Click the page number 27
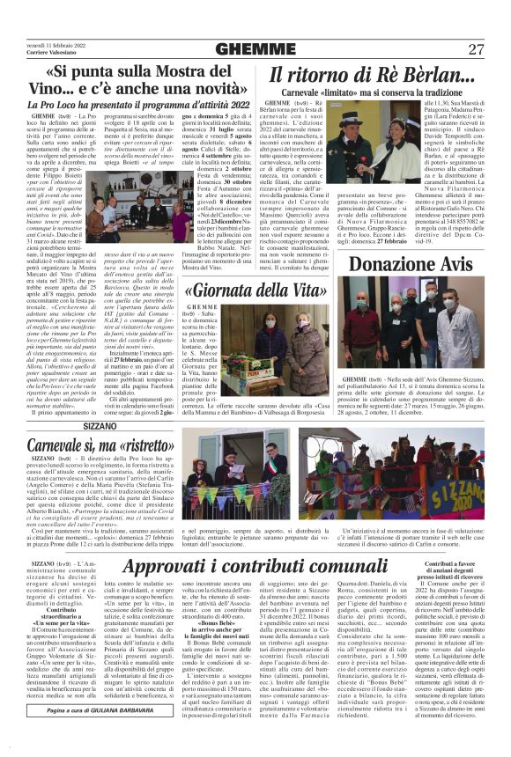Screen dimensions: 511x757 coord(477,49)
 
